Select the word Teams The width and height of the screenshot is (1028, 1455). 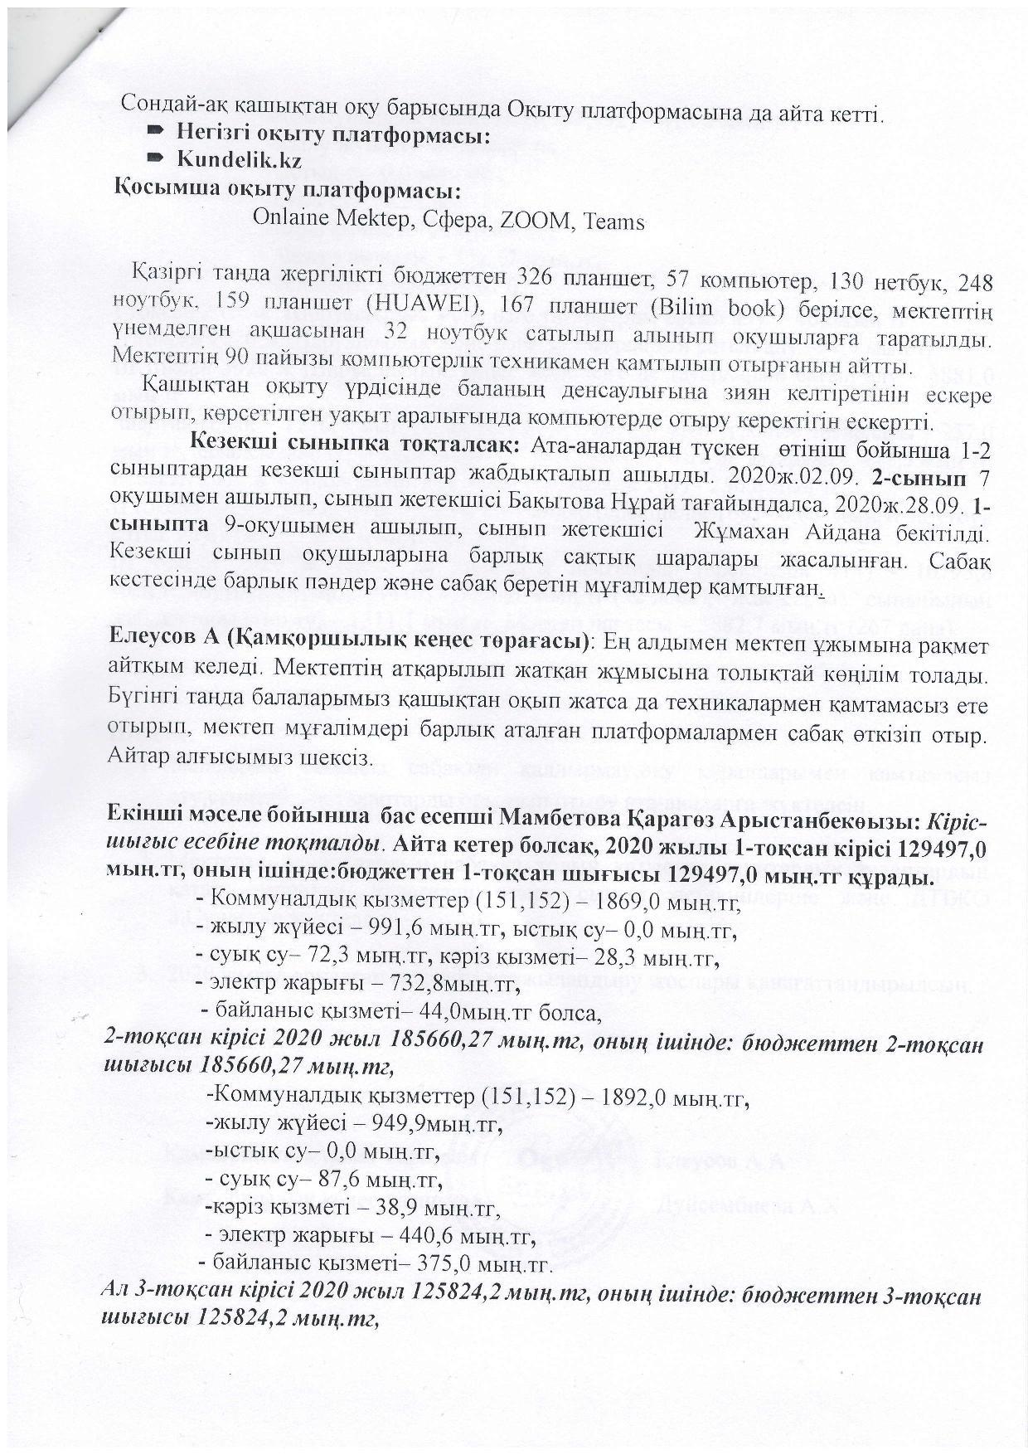614,221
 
